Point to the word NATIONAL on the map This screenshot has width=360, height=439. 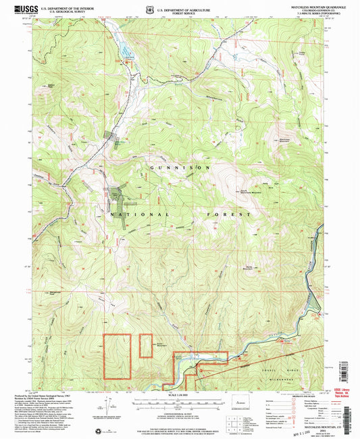tap(136, 213)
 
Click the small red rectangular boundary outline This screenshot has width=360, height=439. tap(146, 346)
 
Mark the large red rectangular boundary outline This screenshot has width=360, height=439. tap(117, 356)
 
